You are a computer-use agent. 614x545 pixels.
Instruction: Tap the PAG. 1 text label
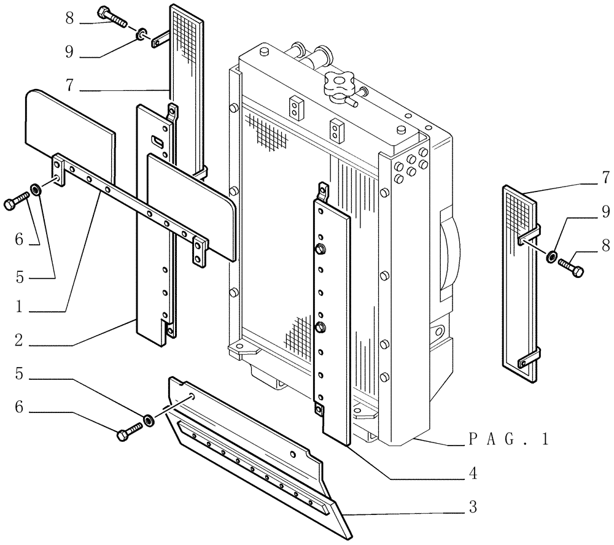click(x=507, y=439)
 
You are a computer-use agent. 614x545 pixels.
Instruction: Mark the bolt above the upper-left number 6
click(x=16, y=202)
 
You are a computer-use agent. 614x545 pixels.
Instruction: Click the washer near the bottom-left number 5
click(x=148, y=420)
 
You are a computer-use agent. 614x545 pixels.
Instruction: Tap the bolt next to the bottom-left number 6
click(x=128, y=434)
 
